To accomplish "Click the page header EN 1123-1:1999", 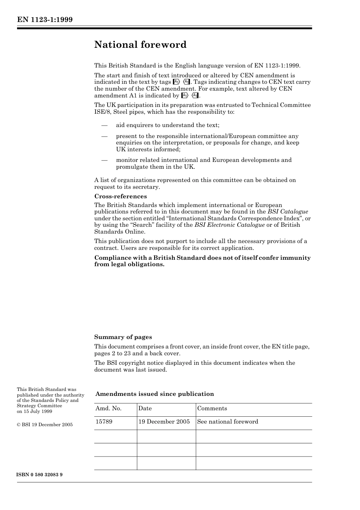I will pos(45,20).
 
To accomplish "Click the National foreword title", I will pos(140,45).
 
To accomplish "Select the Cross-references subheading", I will pos(121,196).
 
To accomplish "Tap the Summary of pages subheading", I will pos(123,337).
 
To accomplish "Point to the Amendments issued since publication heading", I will pos(155,394).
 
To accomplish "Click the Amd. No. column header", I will pos(108,408).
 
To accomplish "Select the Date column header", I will pos(145,408).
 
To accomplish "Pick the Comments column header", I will pos(212,408).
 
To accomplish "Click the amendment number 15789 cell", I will pos(104,422).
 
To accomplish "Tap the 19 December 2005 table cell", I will pos(164,422).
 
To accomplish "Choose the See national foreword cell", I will pos(228,422).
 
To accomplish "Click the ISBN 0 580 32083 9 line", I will pos(40,475).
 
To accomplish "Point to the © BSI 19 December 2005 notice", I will pos(45,425).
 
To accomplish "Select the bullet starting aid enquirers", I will pos(167,125).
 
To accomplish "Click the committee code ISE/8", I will pos(102,112).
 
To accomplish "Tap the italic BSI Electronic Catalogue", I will pos(230,225).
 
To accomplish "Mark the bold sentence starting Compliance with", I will pos(202,261).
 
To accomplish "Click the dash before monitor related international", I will pos(104,160).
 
